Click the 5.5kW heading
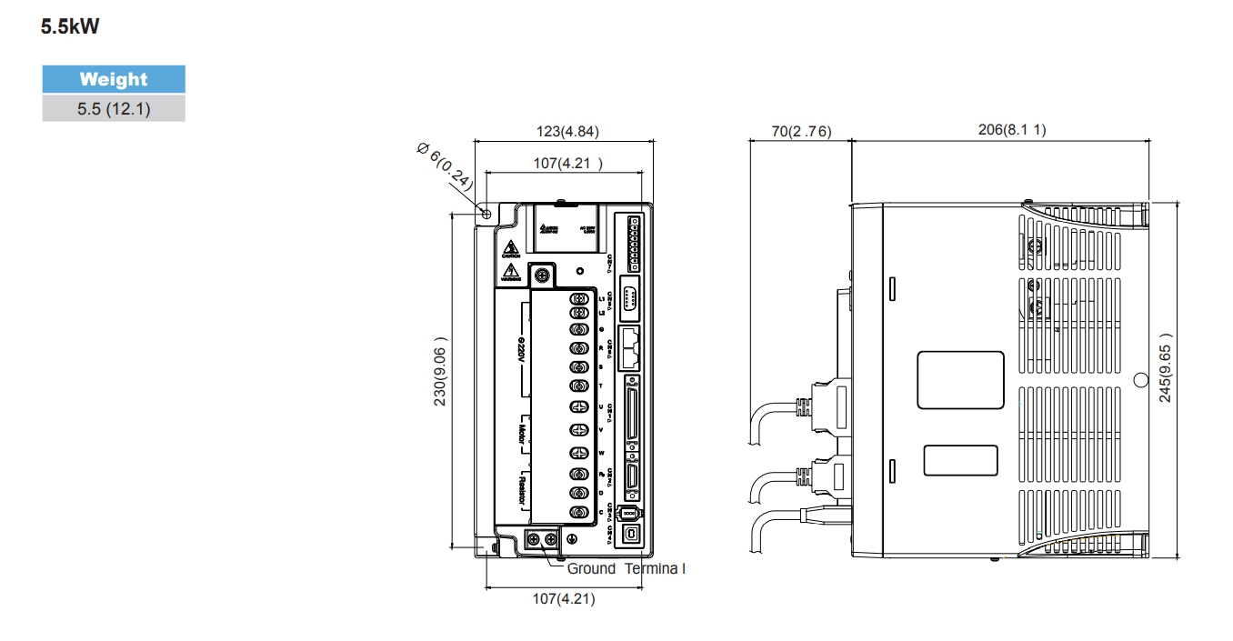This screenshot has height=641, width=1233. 70,28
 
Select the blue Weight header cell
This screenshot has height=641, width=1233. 114,79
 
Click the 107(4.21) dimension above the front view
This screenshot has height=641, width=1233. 567,165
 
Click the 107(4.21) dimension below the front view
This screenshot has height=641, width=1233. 563,598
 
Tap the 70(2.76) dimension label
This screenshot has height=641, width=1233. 800,132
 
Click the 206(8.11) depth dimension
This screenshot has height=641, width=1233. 1011,130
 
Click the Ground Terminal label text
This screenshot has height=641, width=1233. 626,568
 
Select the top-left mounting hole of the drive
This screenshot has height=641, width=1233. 486,214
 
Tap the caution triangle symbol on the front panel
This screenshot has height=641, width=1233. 511,246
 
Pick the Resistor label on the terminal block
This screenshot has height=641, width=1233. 523,491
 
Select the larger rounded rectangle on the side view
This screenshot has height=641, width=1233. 960,379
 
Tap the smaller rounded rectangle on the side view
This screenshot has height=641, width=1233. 960,460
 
